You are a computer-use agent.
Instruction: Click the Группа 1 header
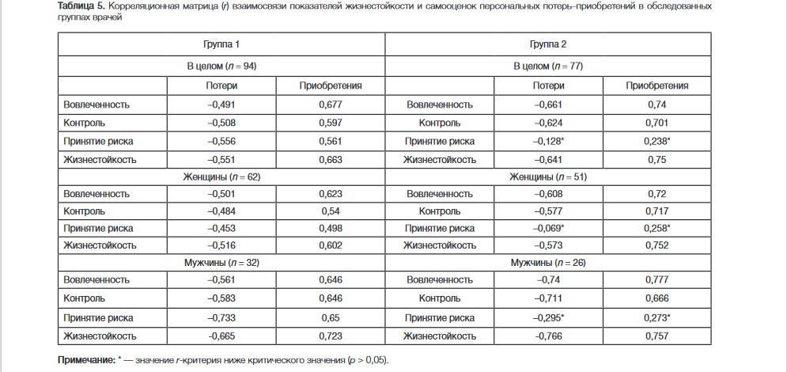pyautogui.click(x=221, y=45)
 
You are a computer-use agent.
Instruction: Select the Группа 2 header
pyautogui.click(x=547, y=45)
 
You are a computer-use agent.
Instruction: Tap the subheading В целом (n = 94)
pyautogui.click(x=221, y=66)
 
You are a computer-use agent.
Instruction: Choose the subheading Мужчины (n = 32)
pyautogui.click(x=221, y=262)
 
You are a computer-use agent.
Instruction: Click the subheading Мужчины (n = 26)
pyautogui.click(x=547, y=262)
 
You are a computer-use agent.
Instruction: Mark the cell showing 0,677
pyautogui.click(x=330, y=104)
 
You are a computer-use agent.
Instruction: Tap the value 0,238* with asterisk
pyautogui.click(x=658, y=141)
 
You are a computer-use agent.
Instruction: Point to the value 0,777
pyautogui.click(x=656, y=280)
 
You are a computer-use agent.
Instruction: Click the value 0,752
pyautogui.click(x=656, y=245)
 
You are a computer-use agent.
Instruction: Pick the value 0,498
pyautogui.click(x=330, y=228)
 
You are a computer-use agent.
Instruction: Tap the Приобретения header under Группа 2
pyautogui.click(x=656, y=85)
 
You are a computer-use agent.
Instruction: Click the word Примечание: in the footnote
pyautogui.click(x=85, y=360)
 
